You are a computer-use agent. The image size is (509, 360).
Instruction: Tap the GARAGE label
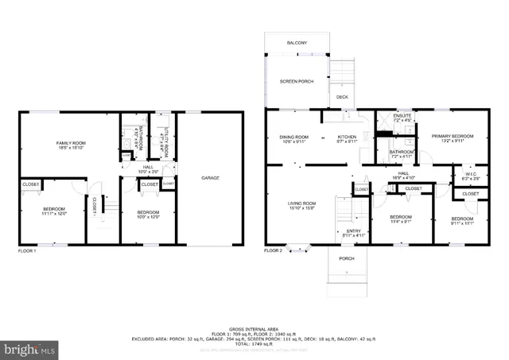[x=210, y=177]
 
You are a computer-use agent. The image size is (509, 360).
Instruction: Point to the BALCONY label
[x=297, y=42]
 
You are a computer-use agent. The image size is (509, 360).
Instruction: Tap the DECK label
[x=341, y=97]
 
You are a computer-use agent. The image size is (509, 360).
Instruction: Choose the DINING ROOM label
[x=293, y=138]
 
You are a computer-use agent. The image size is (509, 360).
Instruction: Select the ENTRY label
[x=353, y=232]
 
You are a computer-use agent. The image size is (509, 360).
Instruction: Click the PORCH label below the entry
[x=347, y=258]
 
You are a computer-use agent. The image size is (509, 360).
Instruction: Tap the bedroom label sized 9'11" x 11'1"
[x=462, y=220]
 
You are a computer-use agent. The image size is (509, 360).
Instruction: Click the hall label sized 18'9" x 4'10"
[x=403, y=175]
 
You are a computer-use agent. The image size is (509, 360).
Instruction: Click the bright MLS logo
[x=31, y=349]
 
